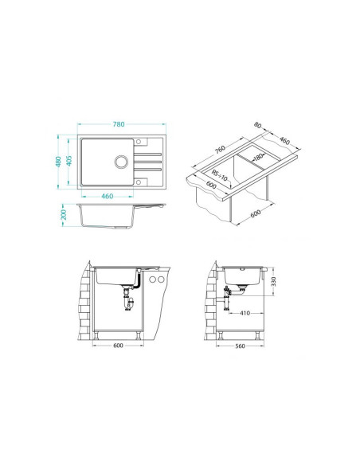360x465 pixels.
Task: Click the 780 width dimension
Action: [119, 124]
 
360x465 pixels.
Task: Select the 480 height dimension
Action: [58, 162]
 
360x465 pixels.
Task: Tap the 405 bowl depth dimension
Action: [69, 161]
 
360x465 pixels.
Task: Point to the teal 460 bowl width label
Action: [107, 196]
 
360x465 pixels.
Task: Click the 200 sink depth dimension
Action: [64, 215]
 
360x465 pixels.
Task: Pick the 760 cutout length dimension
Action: [220, 150]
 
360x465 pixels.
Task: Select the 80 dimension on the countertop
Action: [258, 125]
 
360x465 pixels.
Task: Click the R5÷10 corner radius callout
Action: [220, 175]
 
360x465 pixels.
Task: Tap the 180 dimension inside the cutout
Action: [259, 157]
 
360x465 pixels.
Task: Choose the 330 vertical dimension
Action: [273, 281]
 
